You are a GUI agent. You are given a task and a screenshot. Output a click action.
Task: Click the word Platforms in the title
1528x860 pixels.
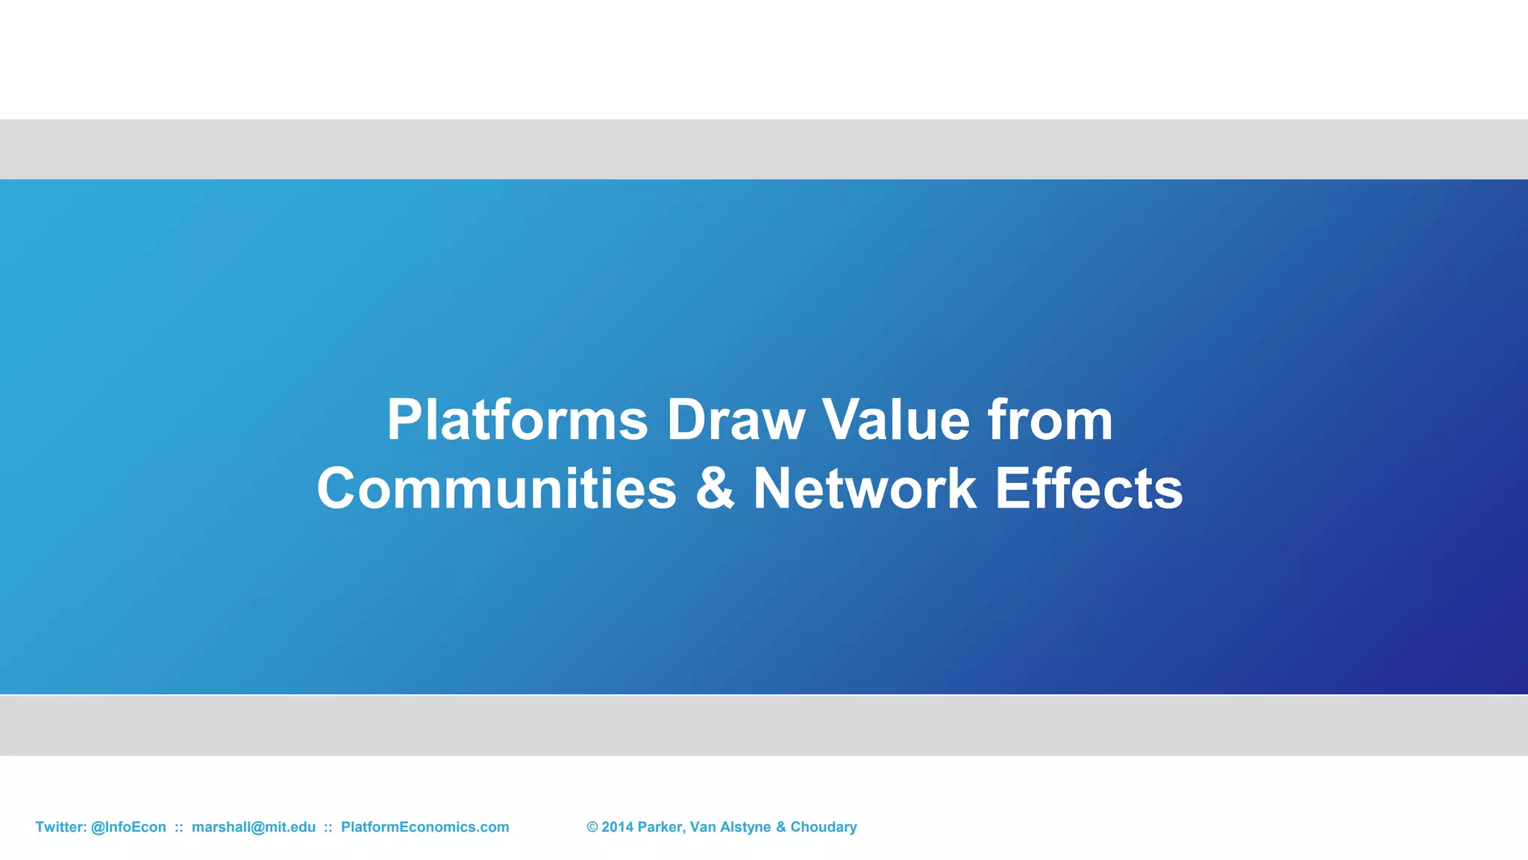coord(517,420)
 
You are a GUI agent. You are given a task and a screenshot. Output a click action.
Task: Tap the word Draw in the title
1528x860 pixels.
coord(735,420)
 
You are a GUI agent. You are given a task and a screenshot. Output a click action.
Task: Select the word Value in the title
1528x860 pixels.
coord(895,420)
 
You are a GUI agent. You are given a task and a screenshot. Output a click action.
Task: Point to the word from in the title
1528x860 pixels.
coord(1050,420)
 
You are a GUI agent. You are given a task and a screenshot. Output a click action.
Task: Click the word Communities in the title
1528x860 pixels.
coord(496,488)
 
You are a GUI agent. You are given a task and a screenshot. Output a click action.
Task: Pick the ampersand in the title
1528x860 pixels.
coord(714,488)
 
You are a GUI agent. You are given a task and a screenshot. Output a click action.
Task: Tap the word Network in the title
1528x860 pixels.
coord(864,488)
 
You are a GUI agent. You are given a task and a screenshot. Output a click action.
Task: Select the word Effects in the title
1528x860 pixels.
coord(1089,488)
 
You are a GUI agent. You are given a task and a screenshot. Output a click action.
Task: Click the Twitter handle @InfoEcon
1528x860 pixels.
coord(128,827)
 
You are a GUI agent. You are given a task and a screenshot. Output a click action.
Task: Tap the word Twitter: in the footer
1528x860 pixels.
coord(61,827)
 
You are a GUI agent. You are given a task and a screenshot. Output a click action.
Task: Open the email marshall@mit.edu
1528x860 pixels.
coord(254,827)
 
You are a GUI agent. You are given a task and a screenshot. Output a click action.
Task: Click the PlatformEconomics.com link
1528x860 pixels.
coord(425,827)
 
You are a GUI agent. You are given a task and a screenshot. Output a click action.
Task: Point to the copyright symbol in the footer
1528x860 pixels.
coord(592,827)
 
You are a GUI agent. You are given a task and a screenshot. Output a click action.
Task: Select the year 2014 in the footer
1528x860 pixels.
coord(617,827)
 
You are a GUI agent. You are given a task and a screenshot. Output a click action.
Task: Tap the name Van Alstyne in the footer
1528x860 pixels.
coord(730,827)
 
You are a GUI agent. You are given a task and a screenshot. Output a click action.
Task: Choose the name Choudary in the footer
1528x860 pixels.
coord(823,827)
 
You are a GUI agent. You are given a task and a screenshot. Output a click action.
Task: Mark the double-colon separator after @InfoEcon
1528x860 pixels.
coord(179,827)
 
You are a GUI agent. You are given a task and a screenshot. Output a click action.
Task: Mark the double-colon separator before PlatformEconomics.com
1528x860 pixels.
coord(328,827)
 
